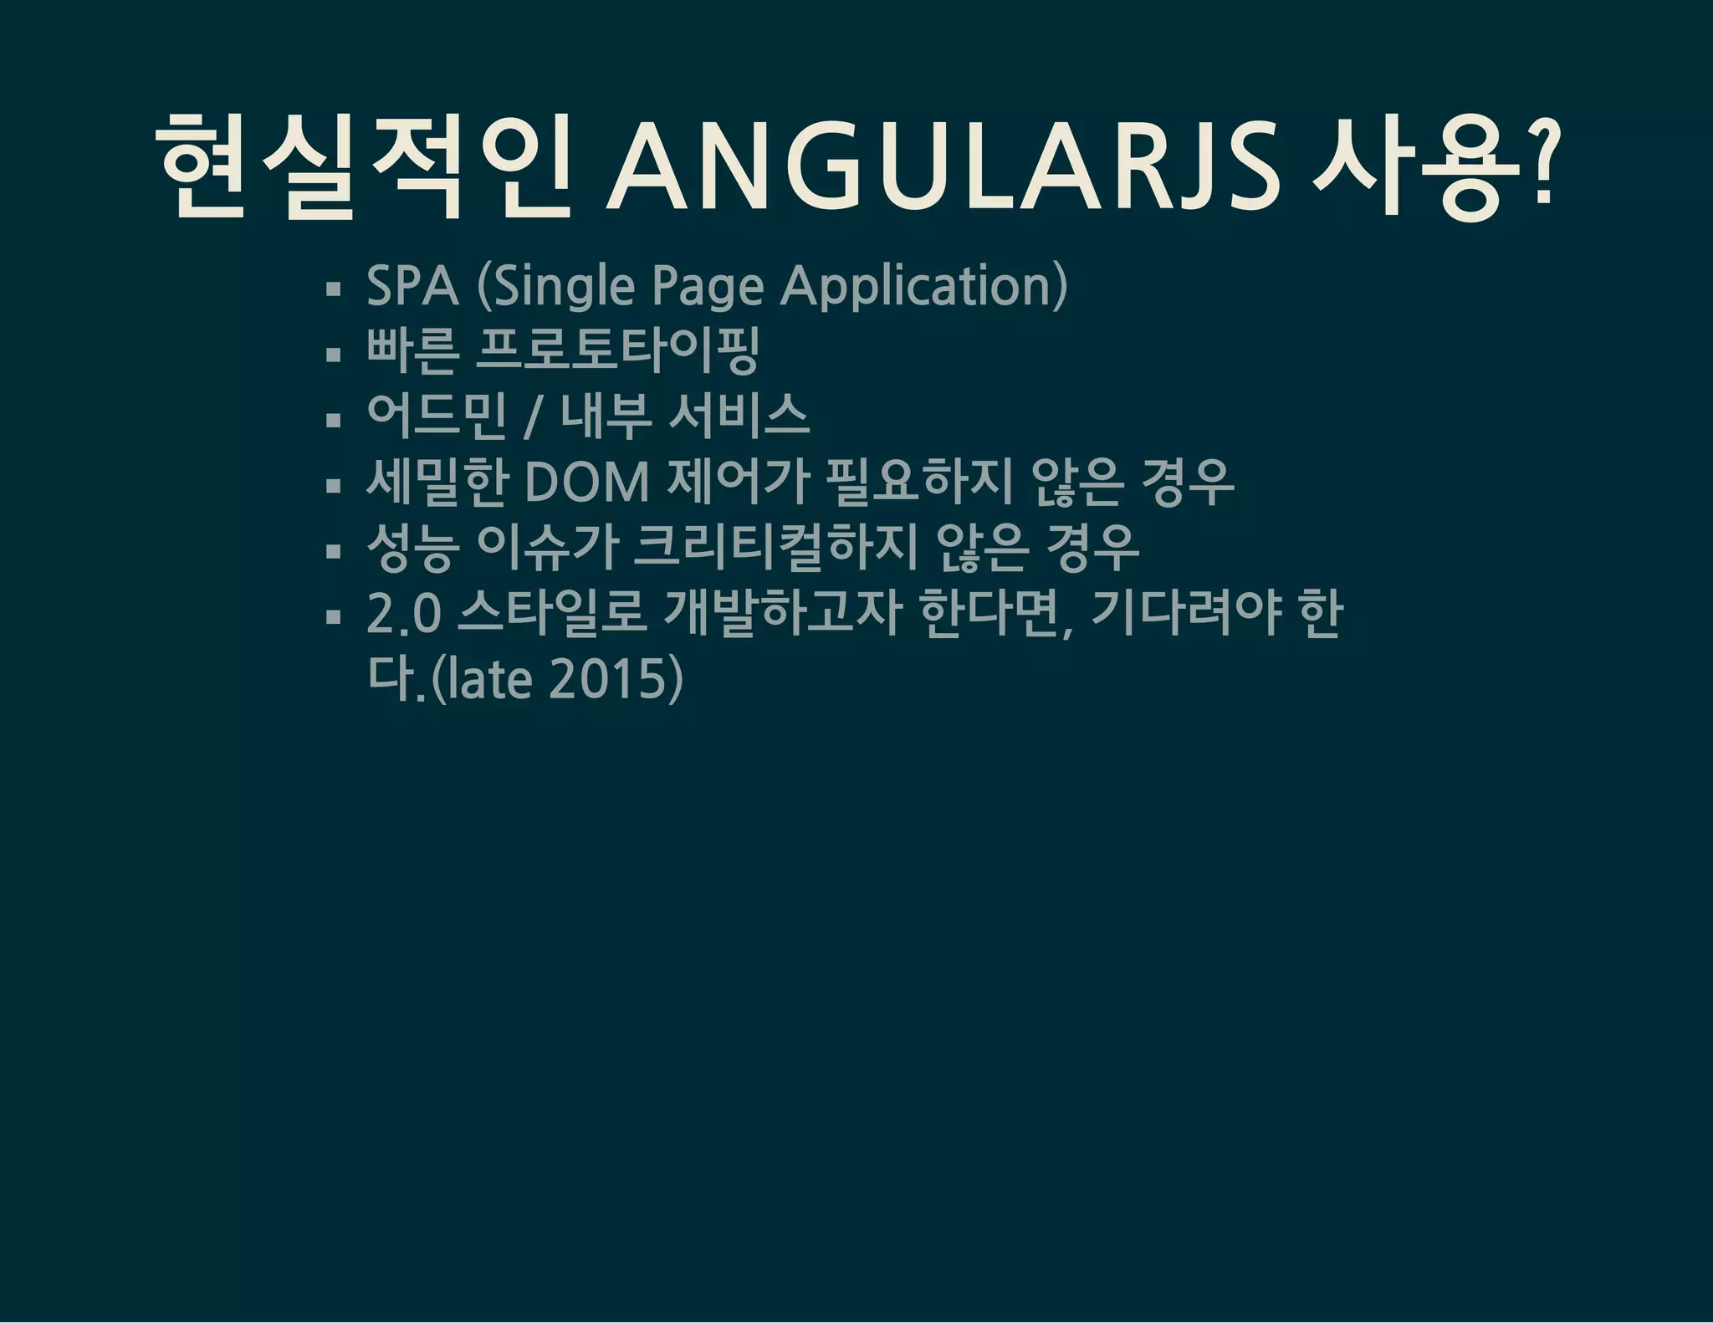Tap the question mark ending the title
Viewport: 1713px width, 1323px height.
[1540, 163]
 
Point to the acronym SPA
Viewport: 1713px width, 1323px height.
[412, 286]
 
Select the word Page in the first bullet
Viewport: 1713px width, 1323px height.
[708, 286]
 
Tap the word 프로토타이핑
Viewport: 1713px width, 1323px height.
[617, 350]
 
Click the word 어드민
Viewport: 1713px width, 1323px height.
[437, 416]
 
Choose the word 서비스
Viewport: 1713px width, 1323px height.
[739, 416]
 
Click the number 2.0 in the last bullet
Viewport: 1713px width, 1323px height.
[404, 613]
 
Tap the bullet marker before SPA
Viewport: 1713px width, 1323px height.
[334, 289]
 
